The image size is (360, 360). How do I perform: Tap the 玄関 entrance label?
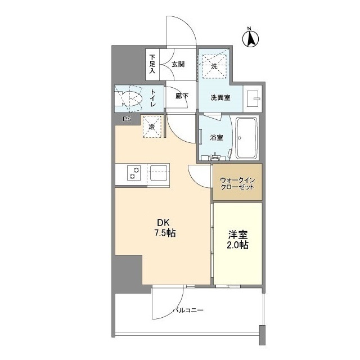click(x=178, y=64)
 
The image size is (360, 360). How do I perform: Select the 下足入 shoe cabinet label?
click(x=152, y=64)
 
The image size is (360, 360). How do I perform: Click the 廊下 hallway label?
click(x=182, y=96)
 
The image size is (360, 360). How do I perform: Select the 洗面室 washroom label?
click(x=220, y=97)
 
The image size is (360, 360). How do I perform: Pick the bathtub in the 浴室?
click(x=246, y=138)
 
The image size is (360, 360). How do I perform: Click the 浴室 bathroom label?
click(x=217, y=137)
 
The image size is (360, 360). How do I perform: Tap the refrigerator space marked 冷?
click(x=152, y=127)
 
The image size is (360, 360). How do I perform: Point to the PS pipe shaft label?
click(x=127, y=119)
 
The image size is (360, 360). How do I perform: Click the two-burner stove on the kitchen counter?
click(x=134, y=173)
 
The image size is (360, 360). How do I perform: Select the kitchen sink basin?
click(x=159, y=173)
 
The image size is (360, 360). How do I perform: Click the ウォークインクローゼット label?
click(x=237, y=183)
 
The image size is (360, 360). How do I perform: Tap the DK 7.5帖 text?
click(x=165, y=228)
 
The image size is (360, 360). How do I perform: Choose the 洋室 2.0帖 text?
click(x=237, y=240)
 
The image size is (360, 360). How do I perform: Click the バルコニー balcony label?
click(x=188, y=310)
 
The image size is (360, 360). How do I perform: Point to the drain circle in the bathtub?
click(x=240, y=138)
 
